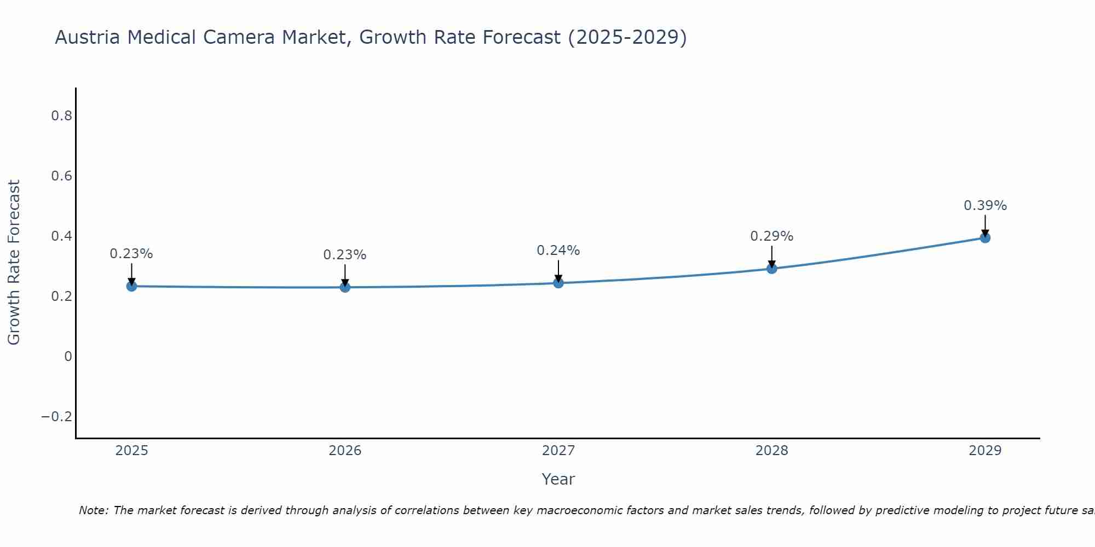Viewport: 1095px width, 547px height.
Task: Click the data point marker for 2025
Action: pyautogui.click(x=131, y=286)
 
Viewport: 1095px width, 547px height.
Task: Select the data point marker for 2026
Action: pyautogui.click(x=345, y=287)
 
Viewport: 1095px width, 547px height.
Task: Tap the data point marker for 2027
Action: pyautogui.click(x=558, y=283)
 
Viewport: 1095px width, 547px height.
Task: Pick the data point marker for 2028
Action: pyautogui.click(x=772, y=269)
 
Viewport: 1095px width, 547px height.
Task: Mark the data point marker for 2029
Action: pyautogui.click(x=985, y=238)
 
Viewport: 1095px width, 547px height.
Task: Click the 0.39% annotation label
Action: pyautogui.click(x=985, y=206)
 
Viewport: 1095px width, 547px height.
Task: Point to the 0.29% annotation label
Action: pyautogui.click(x=771, y=236)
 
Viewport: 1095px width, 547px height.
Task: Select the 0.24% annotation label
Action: pyautogui.click(x=558, y=251)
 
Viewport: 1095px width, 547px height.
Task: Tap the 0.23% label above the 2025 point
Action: pyautogui.click(x=131, y=254)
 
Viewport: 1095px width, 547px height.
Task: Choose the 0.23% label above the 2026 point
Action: pyautogui.click(x=344, y=255)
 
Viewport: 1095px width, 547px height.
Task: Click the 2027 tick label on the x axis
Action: pyautogui.click(x=558, y=451)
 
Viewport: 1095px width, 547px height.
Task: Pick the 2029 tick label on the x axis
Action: pyautogui.click(x=985, y=451)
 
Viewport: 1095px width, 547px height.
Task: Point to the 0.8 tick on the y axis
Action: pyautogui.click(x=61, y=116)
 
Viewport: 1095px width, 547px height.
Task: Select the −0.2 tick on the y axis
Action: pyautogui.click(x=56, y=417)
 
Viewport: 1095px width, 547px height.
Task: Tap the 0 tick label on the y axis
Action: pyautogui.click(x=68, y=357)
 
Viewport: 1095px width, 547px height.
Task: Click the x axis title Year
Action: pyautogui.click(x=558, y=479)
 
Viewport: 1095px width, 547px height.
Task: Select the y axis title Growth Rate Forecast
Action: pyautogui.click(x=14, y=263)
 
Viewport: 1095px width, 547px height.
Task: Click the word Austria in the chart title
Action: pyautogui.click(x=87, y=38)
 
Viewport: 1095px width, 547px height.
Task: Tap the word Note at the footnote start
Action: pyautogui.click(x=93, y=510)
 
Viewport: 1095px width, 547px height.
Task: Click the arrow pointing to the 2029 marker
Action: pyautogui.click(x=985, y=225)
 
